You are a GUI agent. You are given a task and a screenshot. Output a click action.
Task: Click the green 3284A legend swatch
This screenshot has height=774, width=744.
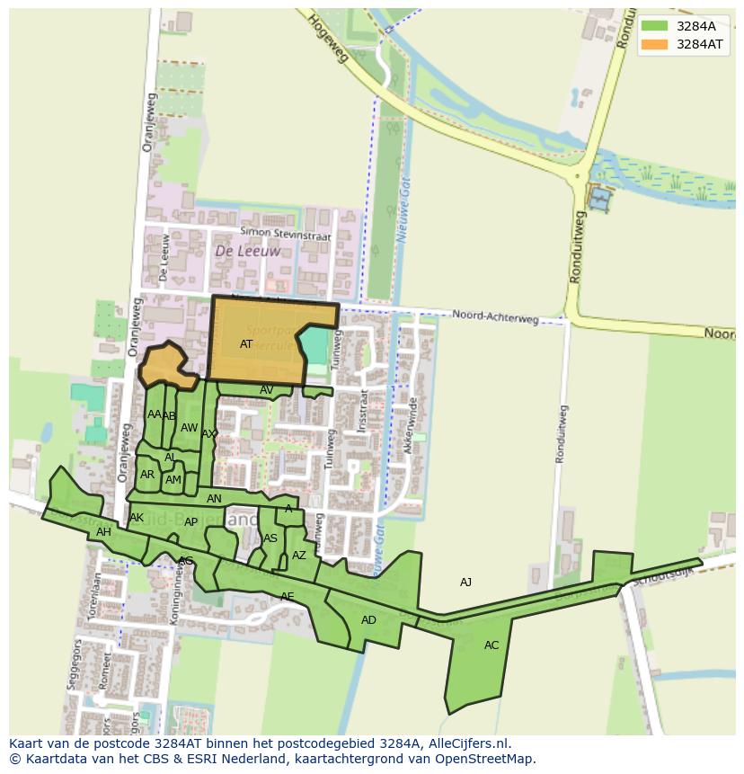pyautogui.click(x=654, y=26)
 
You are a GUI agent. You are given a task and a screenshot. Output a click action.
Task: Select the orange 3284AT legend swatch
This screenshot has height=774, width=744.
pyautogui.click(x=654, y=43)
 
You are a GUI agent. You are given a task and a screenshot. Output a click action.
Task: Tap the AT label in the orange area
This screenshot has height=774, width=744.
pyautogui.click(x=246, y=344)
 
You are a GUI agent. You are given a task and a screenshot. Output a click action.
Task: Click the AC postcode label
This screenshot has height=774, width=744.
pyautogui.click(x=492, y=645)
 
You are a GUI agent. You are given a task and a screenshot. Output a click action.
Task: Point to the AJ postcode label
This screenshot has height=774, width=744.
pyautogui.click(x=465, y=583)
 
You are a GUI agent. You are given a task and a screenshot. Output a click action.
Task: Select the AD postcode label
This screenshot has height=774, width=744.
pyautogui.click(x=368, y=620)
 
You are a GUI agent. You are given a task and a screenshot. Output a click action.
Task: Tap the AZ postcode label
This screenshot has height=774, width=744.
pyautogui.click(x=299, y=556)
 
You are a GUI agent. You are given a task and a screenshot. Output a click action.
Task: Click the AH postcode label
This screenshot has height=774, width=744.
pyautogui.click(x=103, y=532)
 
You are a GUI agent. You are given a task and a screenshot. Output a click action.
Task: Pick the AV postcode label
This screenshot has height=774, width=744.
pyautogui.click(x=266, y=390)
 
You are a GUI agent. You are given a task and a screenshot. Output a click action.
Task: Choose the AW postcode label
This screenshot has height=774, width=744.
pyautogui.click(x=189, y=428)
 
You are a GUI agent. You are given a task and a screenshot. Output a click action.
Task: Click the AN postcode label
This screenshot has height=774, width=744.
pyautogui.click(x=214, y=499)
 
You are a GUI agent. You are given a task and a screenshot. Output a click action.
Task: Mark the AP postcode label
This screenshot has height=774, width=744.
pyautogui.click(x=190, y=522)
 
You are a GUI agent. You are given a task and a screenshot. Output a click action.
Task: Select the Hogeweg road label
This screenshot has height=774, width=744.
pyautogui.click(x=327, y=38)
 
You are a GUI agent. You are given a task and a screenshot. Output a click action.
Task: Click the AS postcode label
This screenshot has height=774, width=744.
pyautogui.click(x=270, y=538)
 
